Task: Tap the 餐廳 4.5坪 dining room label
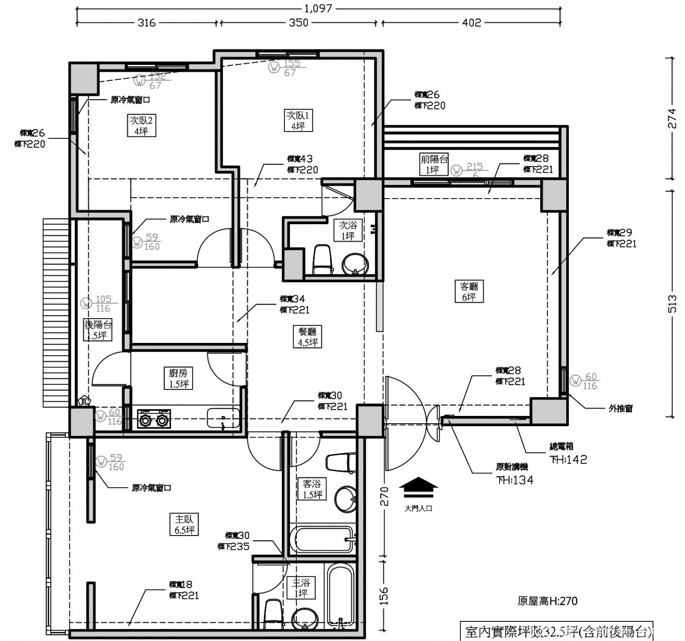[x=307, y=337]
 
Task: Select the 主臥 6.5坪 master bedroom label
[x=184, y=525]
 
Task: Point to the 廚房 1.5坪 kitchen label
[x=178, y=378]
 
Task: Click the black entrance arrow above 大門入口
[x=418, y=487]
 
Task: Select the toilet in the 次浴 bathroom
[x=322, y=259]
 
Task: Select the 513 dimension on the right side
[x=671, y=304]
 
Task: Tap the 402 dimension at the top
[x=471, y=22]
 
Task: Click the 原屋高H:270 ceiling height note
[x=547, y=601]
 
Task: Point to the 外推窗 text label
[x=621, y=409]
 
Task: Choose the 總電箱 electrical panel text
[x=561, y=447]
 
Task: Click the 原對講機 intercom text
[x=512, y=467]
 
